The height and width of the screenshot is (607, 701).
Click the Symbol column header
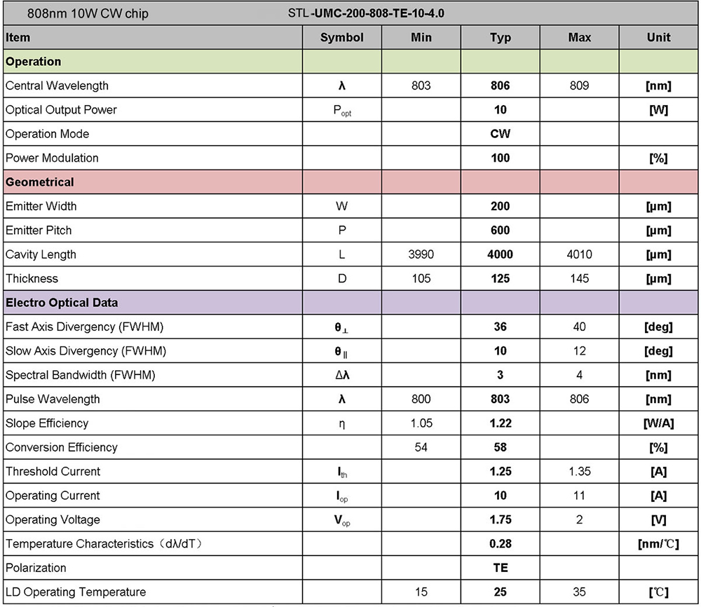tap(342, 38)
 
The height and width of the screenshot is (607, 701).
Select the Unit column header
tap(658, 38)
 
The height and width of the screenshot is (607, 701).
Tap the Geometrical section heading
tap(40, 182)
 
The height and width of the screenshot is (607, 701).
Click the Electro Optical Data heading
tap(62, 303)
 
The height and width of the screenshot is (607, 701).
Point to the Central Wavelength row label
tap(57, 86)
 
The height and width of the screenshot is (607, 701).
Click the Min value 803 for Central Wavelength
tap(421, 86)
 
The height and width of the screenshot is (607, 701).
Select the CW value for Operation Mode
tap(500, 134)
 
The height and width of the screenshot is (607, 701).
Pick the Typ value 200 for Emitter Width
tap(500, 207)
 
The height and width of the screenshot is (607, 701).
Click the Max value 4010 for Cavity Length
tap(579, 254)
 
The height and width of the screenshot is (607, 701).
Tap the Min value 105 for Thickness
tap(421, 279)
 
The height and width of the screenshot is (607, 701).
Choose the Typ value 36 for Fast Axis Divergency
tap(500, 327)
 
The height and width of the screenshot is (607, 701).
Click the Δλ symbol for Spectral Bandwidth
tap(342, 375)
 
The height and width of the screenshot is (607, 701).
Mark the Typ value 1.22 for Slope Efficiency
tap(500, 423)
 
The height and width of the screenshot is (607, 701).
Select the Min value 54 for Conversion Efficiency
tap(421, 447)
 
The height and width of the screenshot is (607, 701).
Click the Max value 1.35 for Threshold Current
tap(579, 472)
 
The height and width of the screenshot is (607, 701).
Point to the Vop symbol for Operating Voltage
tap(342, 520)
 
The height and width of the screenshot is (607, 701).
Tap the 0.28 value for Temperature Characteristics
tap(500, 544)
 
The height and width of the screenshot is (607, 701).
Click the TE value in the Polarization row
tap(500, 568)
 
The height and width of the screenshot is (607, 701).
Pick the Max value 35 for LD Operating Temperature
tap(579, 592)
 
